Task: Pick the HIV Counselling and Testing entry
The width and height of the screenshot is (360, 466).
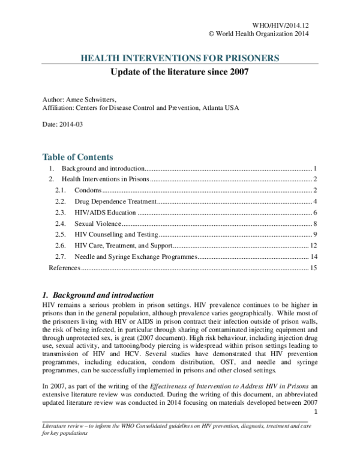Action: pyautogui.click(x=117, y=234)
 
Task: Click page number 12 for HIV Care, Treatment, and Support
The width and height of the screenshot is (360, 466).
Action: pyautogui.click(x=313, y=246)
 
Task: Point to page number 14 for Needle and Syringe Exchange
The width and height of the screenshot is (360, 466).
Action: pyautogui.click(x=313, y=257)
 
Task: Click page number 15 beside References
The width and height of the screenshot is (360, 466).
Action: pyautogui.click(x=313, y=268)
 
